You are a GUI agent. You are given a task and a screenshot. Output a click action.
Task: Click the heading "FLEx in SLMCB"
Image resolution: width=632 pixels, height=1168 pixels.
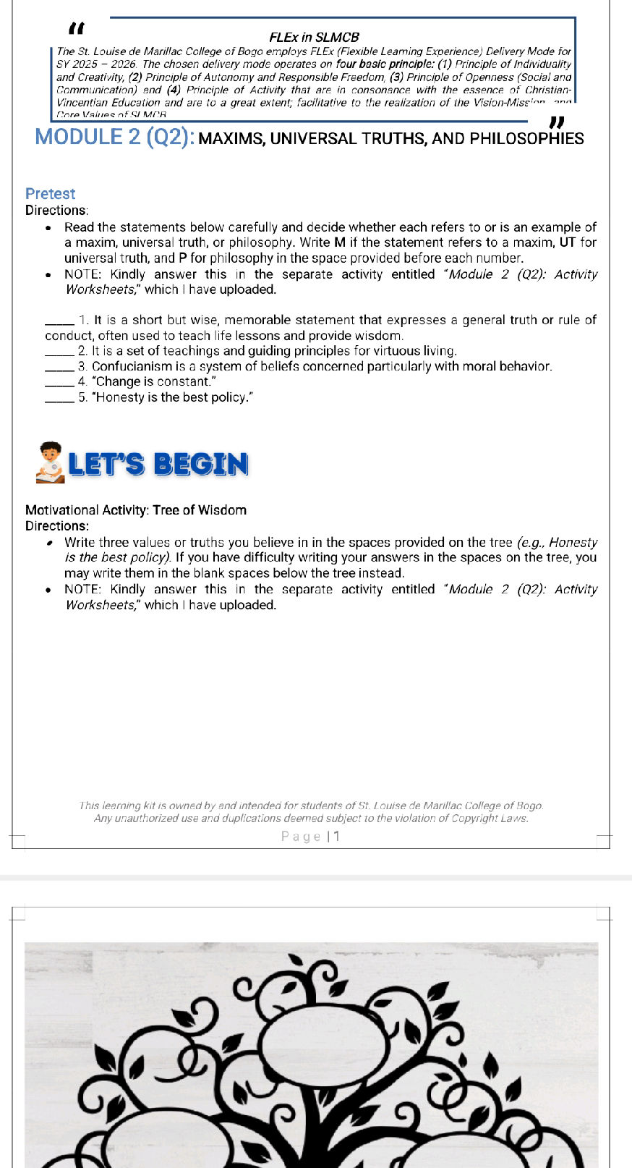tap(314, 37)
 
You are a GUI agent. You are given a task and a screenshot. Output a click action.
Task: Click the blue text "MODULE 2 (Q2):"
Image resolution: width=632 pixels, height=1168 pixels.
tap(114, 137)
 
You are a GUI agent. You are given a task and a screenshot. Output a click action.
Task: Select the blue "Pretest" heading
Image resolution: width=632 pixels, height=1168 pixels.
tap(50, 194)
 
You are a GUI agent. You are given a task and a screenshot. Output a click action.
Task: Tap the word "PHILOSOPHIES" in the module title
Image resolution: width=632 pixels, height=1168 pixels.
tap(526, 138)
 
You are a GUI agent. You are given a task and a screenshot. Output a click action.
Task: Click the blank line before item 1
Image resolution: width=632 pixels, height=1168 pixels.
tap(59, 321)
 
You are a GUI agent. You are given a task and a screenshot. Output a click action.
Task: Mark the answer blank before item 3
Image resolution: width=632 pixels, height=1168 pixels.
tap(59, 367)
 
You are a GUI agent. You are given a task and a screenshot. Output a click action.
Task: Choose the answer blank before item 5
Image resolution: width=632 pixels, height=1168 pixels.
tap(59, 398)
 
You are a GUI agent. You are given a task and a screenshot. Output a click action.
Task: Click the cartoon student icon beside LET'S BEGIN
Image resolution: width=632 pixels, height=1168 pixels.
tap(49, 463)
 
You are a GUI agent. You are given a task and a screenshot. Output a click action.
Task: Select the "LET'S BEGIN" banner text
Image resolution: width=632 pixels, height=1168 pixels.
tap(158, 465)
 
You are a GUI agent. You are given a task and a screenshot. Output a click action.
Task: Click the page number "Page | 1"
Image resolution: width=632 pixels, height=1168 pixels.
tap(311, 837)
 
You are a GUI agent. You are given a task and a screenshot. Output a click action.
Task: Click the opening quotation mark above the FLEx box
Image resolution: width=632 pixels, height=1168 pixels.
tap(76, 29)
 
